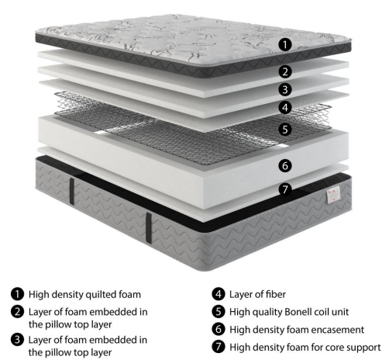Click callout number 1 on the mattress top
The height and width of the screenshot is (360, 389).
point(285,45)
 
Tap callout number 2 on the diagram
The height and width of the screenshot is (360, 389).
point(285,71)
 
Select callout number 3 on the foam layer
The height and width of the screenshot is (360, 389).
point(285,89)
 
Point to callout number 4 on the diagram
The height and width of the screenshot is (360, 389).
point(285,107)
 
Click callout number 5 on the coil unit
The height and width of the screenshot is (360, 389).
point(285,129)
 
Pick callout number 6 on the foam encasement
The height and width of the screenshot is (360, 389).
point(285,165)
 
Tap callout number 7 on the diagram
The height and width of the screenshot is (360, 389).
point(285,189)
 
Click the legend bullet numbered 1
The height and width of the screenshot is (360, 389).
point(18,294)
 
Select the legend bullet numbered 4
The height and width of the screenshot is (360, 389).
point(219,294)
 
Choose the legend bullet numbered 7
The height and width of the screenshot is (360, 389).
point(219,347)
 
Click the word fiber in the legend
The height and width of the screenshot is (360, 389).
point(276,294)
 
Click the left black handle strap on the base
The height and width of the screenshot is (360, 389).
point(72,192)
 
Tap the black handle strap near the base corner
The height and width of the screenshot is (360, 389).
point(149,228)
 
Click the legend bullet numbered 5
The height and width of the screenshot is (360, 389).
point(219,312)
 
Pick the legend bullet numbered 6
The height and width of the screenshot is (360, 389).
point(219,329)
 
